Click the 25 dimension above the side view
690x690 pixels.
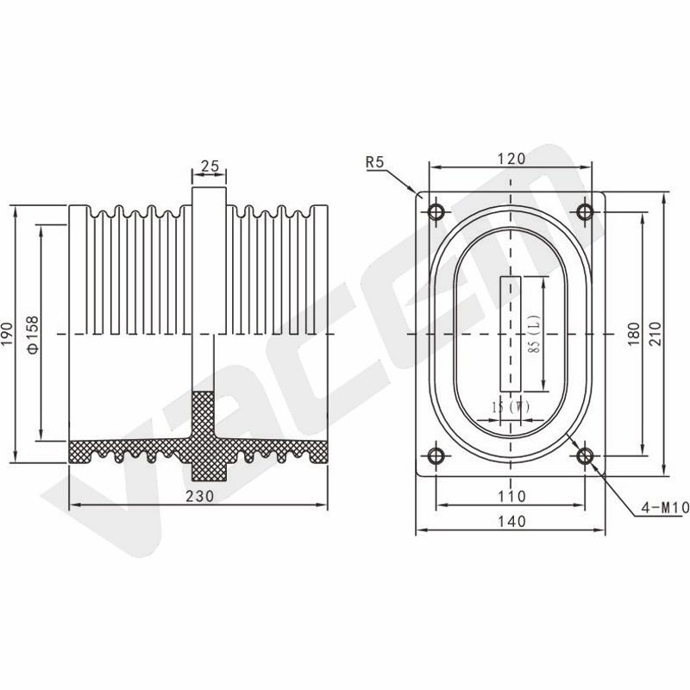[210, 166]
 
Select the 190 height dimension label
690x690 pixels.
[8, 334]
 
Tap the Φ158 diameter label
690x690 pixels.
[33, 335]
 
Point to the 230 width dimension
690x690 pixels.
[199, 496]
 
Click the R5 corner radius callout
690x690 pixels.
[375, 162]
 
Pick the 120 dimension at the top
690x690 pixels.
[511, 159]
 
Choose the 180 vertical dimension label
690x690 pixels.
[633, 334]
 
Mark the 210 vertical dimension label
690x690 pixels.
[655, 334]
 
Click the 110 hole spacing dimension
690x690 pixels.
[511, 497]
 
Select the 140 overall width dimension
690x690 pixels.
[511, 521]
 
